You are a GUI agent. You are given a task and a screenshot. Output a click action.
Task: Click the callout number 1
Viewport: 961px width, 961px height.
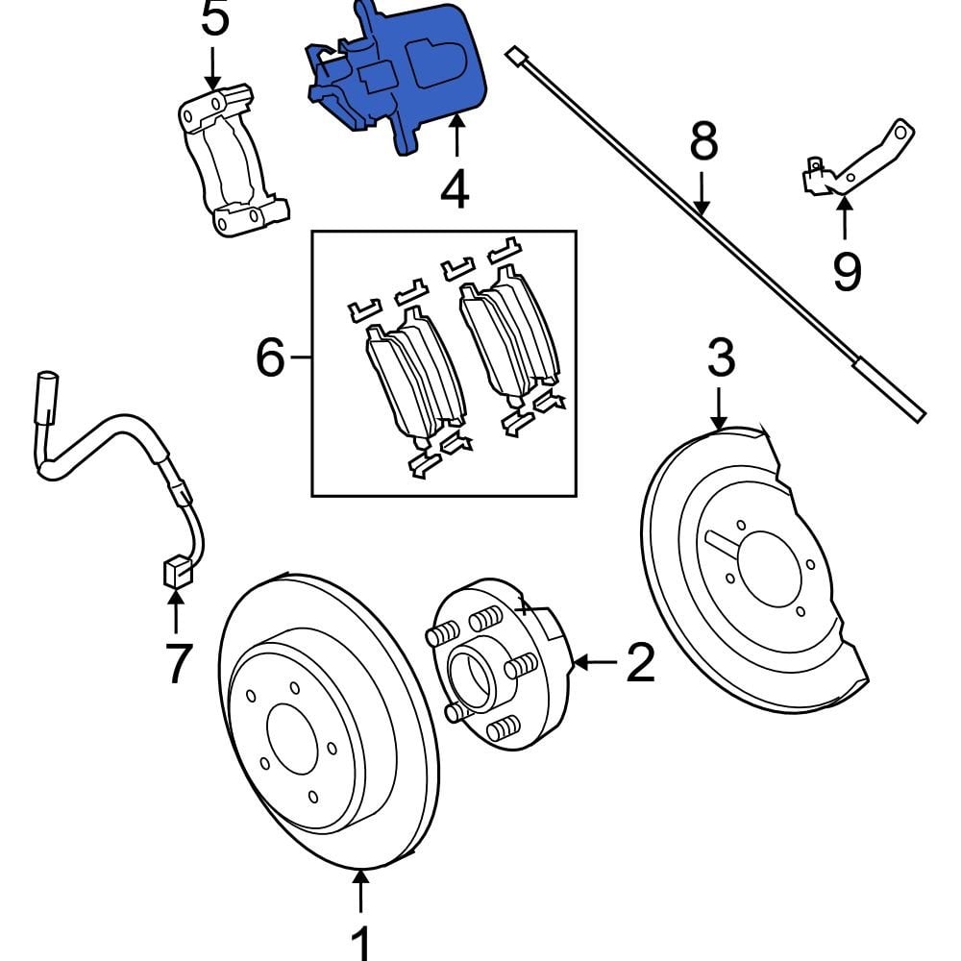coord(360,942)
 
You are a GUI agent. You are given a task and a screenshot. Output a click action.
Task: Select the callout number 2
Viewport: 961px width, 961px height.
coord(641,662)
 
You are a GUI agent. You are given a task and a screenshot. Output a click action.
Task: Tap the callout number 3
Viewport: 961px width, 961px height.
coord(721,357)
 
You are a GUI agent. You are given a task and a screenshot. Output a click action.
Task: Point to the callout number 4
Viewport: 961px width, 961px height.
coord(455,189)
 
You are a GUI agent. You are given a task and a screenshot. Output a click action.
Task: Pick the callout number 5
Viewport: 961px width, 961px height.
coord(215,19)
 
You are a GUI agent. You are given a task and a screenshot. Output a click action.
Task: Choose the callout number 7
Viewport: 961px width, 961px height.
coord(176,663)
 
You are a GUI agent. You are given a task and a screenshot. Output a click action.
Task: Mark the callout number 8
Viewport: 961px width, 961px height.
coord(703,142)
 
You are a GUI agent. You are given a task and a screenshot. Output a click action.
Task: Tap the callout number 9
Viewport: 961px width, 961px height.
coord(846,272)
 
